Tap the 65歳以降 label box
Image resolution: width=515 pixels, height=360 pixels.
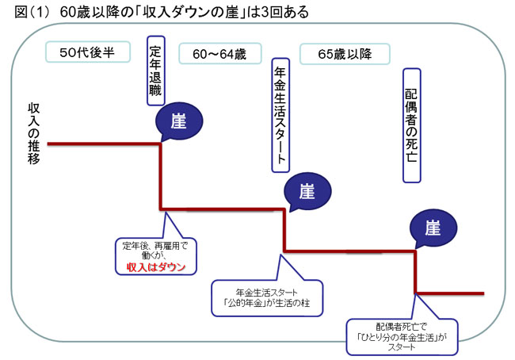click(x=345, y=53)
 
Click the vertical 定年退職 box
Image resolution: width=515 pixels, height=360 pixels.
click(x=155, y=70)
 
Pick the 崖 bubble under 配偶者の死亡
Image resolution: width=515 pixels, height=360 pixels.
click(x=432, y=228)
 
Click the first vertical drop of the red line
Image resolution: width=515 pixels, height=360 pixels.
click(x=162, y=176)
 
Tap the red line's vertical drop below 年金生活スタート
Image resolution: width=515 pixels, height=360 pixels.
click(x=284, y=230)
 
